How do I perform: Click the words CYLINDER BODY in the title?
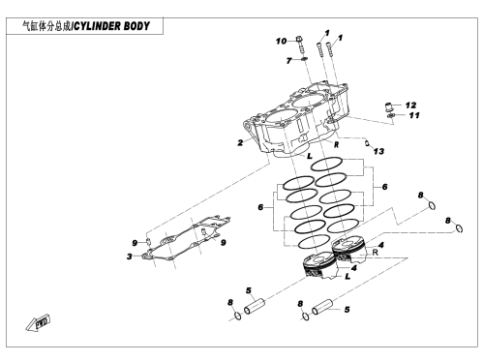111,26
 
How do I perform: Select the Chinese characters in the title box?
46,26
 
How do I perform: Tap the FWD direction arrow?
38,322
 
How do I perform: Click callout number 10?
281,42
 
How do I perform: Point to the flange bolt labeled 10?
300,45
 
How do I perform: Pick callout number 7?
288,61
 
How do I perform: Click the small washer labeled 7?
304,59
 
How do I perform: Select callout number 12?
410,106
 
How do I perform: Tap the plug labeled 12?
389,106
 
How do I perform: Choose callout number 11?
414,115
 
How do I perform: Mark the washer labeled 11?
391,115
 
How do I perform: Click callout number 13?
378,151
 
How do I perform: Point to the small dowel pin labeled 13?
367,142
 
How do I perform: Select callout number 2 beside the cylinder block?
240,142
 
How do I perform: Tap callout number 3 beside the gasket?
130,256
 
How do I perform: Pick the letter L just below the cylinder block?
310,156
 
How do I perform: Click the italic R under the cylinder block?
336,144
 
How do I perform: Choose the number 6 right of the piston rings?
384,187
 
